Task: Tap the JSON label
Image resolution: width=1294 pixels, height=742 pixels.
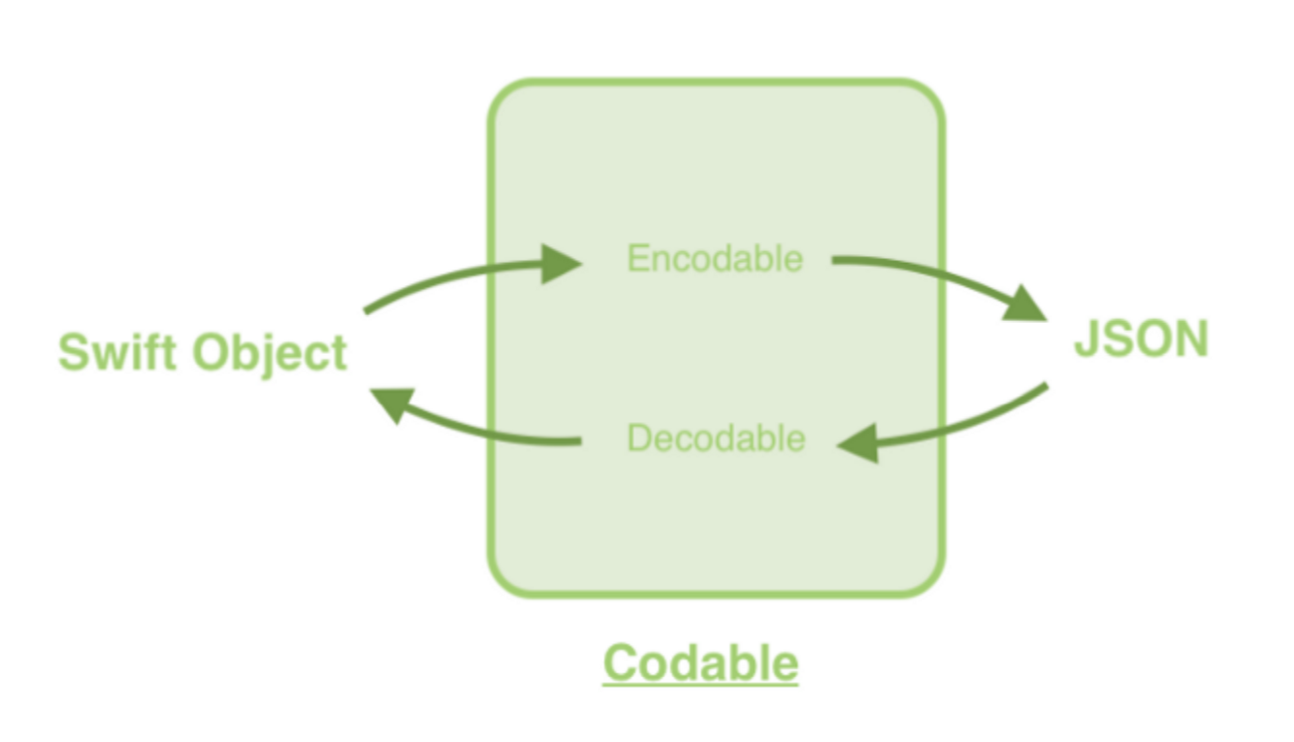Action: pyautogui.click(x=1141, y=340)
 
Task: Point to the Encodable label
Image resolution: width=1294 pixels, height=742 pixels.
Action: pyautogui.click(x=715, y=259)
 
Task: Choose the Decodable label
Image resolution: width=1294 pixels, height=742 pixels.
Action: pyautogui.click(x=716, y=438)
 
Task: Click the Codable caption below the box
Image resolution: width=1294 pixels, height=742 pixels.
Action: pyautogui.click(x=700, y=663)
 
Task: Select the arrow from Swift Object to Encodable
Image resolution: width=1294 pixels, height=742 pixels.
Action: pyautogui.click(x=456, y=275)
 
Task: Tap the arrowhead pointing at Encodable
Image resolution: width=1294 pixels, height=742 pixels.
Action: pyautogui.click(x=561, y=263)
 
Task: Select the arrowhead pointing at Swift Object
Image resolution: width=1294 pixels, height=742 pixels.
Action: pyautogui.click(x=394, y=402)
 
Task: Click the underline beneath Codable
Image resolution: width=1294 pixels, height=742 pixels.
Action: pyautogui.click(x=700, y=686)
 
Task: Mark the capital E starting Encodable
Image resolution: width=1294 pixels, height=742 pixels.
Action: pyautogui.click(x=636, y=259)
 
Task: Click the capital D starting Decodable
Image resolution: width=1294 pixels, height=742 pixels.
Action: pyautogui.click(x=637, y=438)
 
